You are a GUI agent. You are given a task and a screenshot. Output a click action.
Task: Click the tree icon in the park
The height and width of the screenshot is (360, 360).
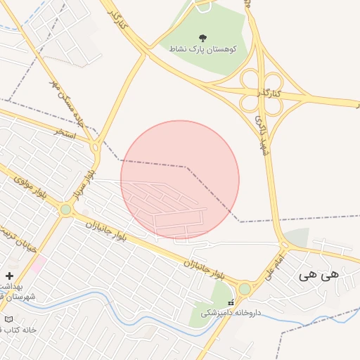[203, 38]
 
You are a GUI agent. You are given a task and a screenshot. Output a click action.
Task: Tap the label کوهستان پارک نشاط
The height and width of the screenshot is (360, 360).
[202, 50]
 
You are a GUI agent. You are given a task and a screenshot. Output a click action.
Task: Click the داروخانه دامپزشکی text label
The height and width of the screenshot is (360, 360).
[231, 312]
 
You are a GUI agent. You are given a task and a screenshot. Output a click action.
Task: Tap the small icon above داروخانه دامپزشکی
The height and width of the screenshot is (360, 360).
[231, 302]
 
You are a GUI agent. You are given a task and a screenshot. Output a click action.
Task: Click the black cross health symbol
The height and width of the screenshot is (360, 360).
[9, 276]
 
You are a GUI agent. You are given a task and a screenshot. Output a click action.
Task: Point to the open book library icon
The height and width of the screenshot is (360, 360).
[8, 319]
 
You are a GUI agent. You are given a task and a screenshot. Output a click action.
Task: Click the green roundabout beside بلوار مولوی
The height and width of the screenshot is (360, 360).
[65, 210]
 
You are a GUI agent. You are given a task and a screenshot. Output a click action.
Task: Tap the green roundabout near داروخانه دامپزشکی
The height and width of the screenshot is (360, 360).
[245, 289]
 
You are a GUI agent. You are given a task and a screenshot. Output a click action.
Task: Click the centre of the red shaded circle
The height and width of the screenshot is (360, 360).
[180, 180]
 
